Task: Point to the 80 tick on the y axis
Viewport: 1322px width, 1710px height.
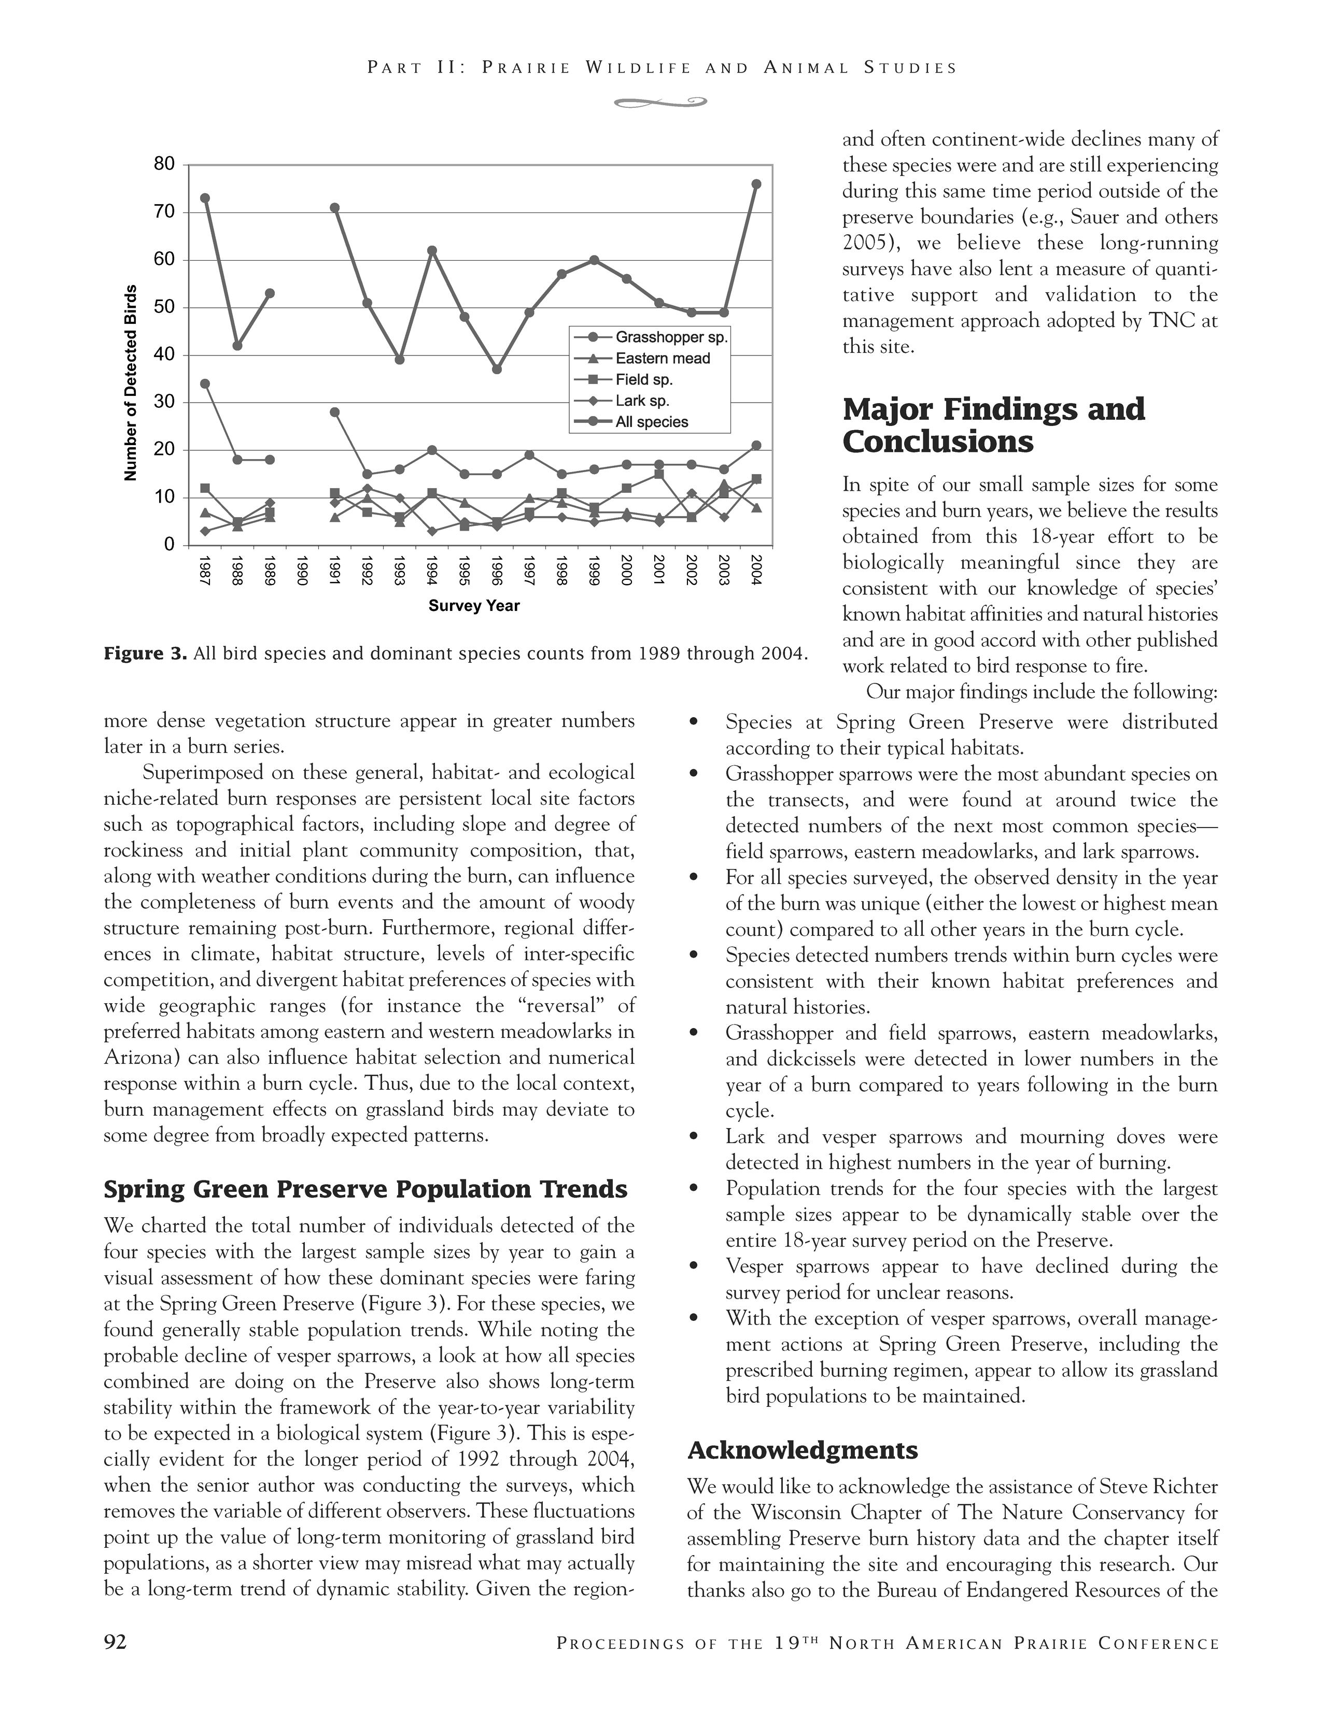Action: point(164,164)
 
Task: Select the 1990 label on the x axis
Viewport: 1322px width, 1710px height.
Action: point(302,572)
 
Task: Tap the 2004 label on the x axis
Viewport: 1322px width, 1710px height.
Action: point(756,572)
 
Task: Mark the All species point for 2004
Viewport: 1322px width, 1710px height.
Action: point(756,184)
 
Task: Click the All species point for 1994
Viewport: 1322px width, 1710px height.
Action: point(431,251)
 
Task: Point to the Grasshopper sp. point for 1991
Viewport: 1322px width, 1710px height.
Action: point(335,412)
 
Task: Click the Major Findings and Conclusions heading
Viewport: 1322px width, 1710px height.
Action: point(993,425)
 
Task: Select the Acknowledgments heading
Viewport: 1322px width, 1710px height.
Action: point(802,1450)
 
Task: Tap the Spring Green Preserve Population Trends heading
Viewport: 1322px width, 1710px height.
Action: point(365,1189)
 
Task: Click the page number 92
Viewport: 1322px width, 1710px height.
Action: point(115,1642)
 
